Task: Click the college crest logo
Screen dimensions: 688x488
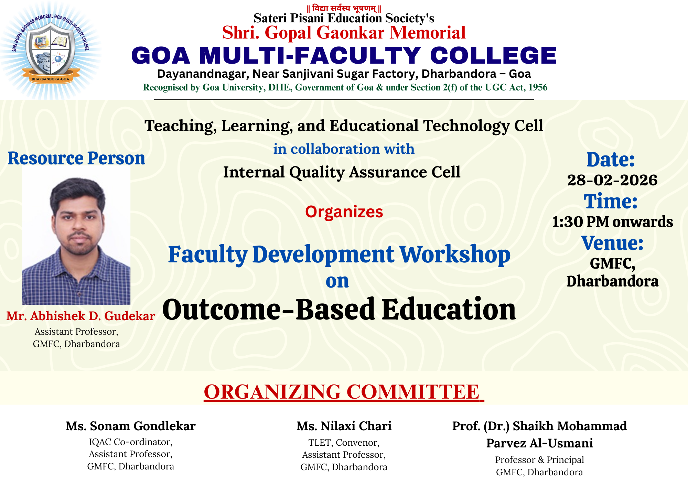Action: click(x=51, y=50)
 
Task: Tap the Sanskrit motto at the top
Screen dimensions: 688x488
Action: click(x=344, y=8)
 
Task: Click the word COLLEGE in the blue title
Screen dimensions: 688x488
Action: click(x=493, y=56)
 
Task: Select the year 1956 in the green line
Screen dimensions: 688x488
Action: click(x=538, y=87)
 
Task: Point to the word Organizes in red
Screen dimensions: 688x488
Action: click(x=344, y=212)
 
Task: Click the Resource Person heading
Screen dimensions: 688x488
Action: click(x=76, y=159)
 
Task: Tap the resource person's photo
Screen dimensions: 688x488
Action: click(x=76, y=236)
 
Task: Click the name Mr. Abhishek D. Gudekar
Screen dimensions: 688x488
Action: click(x=81, y=316)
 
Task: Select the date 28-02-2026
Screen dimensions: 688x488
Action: click(x=612, y=180)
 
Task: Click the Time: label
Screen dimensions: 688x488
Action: click(x=611, y=201)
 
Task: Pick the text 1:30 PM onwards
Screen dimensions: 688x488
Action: click(x=612, y=222)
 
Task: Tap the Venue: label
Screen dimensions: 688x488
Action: click(x=612, y=243)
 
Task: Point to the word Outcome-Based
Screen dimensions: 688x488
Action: click(x=269, y=309)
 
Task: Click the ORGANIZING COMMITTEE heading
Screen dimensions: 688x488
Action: click(x=344, y=392)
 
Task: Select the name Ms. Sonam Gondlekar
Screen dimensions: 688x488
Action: click(x=131, y=426)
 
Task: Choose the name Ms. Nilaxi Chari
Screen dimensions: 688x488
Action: click(x=344, y=426)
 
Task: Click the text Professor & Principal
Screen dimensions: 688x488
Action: click(x=539, y=460)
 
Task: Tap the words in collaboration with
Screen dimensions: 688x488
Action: click(x=344, y=149)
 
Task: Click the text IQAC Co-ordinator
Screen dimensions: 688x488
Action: click(x=131, y=442)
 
